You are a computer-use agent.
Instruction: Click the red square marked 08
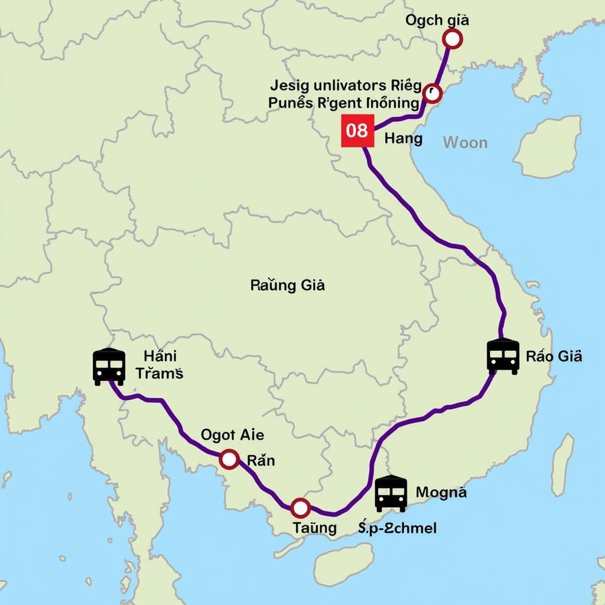(x=357, y=131)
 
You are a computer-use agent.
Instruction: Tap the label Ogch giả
(x=437, y=20)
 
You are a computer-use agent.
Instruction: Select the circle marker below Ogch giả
(x=452, y=39)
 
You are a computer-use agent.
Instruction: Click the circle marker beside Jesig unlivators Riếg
(x=432, y=93)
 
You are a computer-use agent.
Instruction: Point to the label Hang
(x=404, y=139)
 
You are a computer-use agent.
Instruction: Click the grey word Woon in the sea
(x=465, y=142)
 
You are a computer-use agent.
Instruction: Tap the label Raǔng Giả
(x=288, y=285)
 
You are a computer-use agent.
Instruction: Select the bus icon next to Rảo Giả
(x=503, y=356)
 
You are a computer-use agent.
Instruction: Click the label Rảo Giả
(x=554, y=356)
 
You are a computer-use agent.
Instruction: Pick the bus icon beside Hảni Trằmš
(x=109, y=366)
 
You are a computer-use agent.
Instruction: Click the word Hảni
(x=160, y=356)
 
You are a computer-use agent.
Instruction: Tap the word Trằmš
(x=159, y=373)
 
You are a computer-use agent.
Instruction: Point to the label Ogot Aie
(x=232, y=435)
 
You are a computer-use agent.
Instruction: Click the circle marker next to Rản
(x=229, y=459)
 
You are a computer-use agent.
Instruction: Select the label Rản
(x=261, y=460)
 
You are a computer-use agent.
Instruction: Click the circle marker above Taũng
(x=300, y=508)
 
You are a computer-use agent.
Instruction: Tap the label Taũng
(x=315, y=528)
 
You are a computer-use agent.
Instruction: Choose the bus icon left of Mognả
(x=391, y=493)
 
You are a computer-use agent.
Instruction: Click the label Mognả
(x=441, y=492)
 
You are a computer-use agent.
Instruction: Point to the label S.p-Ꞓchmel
(x=397, y=528)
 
